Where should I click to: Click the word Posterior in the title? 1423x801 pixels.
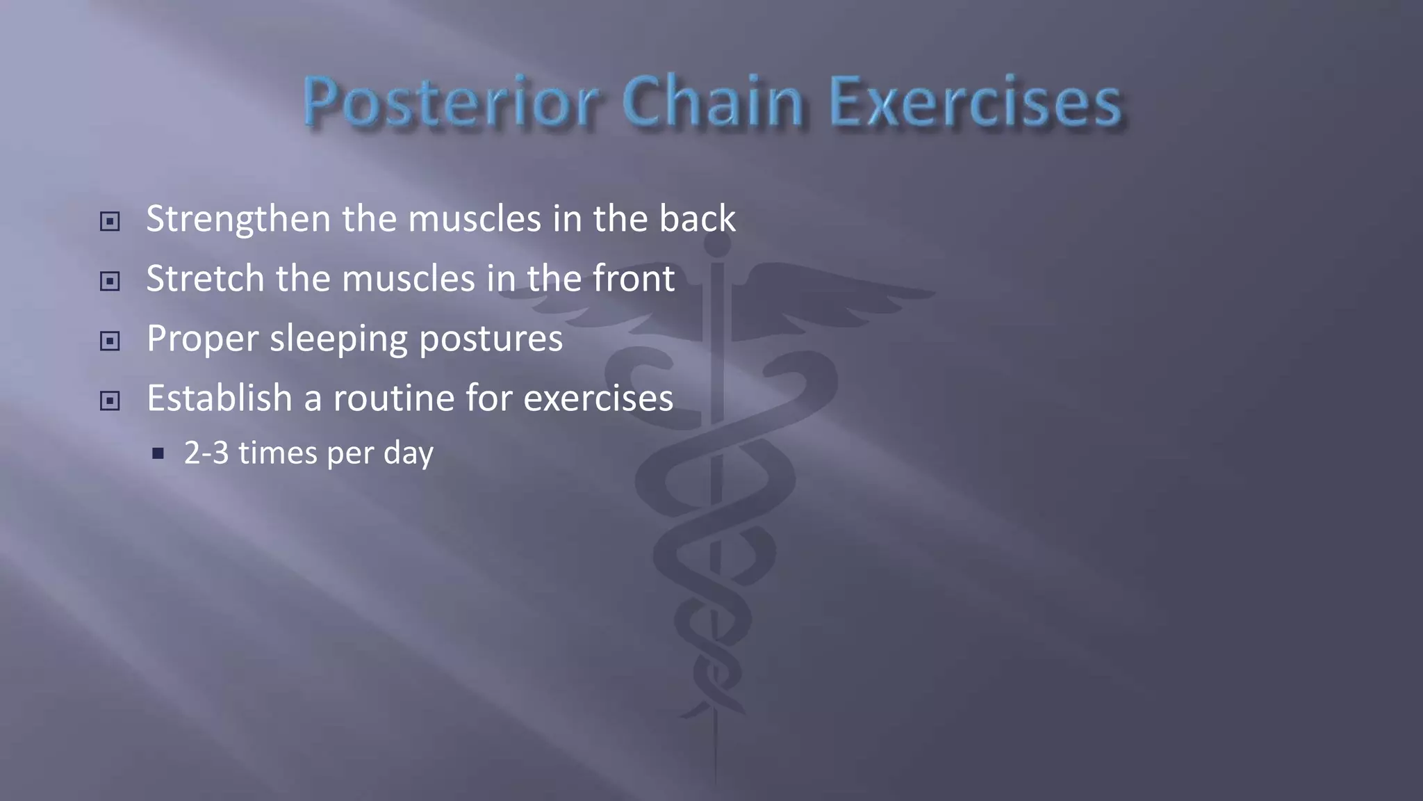click(450, 102)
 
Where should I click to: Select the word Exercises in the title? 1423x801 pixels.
click(975, 102)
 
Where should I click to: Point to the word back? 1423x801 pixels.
click(697, 218)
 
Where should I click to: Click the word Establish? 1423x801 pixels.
click(220, 398)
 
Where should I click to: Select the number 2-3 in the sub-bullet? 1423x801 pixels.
click(206, 453)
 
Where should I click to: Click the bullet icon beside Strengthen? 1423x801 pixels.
click(110, 222)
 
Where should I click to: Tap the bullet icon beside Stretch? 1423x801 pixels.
click(110, 282)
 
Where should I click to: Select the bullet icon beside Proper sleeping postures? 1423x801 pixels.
click(110, 341)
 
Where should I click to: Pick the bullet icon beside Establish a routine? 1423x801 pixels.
click(110, 401)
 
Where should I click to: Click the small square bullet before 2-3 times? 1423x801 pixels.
click(158, 454)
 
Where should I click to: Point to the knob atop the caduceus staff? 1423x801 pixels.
click(717, 243)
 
